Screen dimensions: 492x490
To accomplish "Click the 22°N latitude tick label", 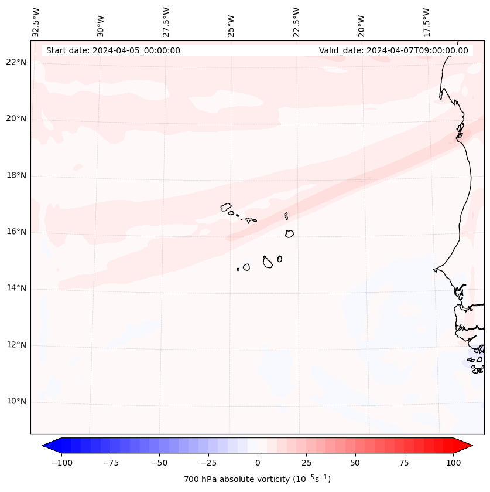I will pos(17,63).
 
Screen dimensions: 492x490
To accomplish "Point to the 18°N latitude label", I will pos(17,175).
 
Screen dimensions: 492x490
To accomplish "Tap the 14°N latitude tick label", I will pos(17,289).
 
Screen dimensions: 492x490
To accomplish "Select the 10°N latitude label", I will pos(17,402).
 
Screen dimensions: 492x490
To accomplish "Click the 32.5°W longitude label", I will pos(36,22).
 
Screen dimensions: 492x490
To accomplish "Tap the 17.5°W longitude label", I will pos(426,22).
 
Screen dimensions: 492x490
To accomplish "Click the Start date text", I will pos(113,50).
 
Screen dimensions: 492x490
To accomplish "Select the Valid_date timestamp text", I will pos(393,50).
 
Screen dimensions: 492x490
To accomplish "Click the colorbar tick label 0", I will pos(258,463).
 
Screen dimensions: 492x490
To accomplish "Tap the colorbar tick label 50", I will pos(355,463).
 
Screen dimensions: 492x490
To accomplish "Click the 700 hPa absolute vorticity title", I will pos(258,479).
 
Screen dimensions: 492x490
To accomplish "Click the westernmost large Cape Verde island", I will pos(226,207).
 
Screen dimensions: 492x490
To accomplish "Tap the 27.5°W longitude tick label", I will pos(166,22).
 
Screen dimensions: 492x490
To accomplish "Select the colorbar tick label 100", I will pos(453,463).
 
